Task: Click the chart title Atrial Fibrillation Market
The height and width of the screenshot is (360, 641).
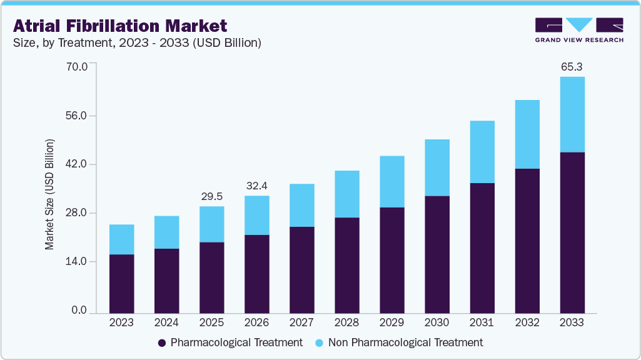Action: point(120,26)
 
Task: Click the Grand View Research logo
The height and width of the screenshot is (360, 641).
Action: point(579,30)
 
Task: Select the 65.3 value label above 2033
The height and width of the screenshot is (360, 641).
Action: point(572,66)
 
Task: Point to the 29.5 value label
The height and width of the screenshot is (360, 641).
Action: point(211,196)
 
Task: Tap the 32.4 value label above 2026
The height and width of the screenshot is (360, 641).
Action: point(256,186)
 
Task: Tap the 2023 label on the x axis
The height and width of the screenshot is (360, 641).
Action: point(121,323)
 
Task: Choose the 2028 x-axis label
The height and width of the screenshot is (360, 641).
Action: point(346,323)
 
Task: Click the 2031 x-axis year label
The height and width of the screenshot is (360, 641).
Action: point(482,323)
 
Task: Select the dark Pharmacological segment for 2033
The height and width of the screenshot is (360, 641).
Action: point(572,232)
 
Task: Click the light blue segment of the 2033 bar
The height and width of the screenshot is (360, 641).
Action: point(572,114)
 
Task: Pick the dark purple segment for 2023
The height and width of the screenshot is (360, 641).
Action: point(121,284)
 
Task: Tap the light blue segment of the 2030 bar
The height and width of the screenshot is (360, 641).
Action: point(437,167)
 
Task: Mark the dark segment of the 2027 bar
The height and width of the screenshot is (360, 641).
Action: point(301,269)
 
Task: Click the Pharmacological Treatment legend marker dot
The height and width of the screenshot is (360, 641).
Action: point(162,342)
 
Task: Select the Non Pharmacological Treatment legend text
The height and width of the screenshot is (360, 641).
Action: point(405,342)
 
